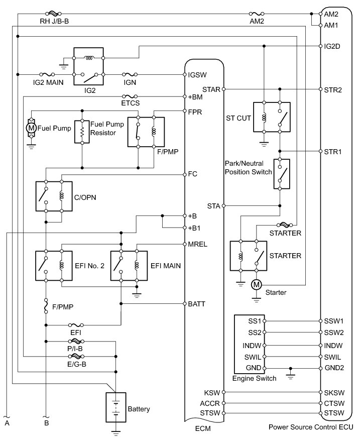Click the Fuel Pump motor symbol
pyautogui.click(x=31, y=128)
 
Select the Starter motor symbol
pyautogui.click(x=256, y=284)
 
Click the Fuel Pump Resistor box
pyautogui.click(x=82, y=132)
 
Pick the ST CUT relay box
pyautogui.click(x=272, y=117)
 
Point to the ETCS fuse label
pyautogui.click(x=130, y=103)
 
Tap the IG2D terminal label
pyautogui.click(x=332, y=46)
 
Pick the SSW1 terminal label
pyautogui.click(x=333, y=321)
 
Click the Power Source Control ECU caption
pyautogui.click(x=311, y=427)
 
